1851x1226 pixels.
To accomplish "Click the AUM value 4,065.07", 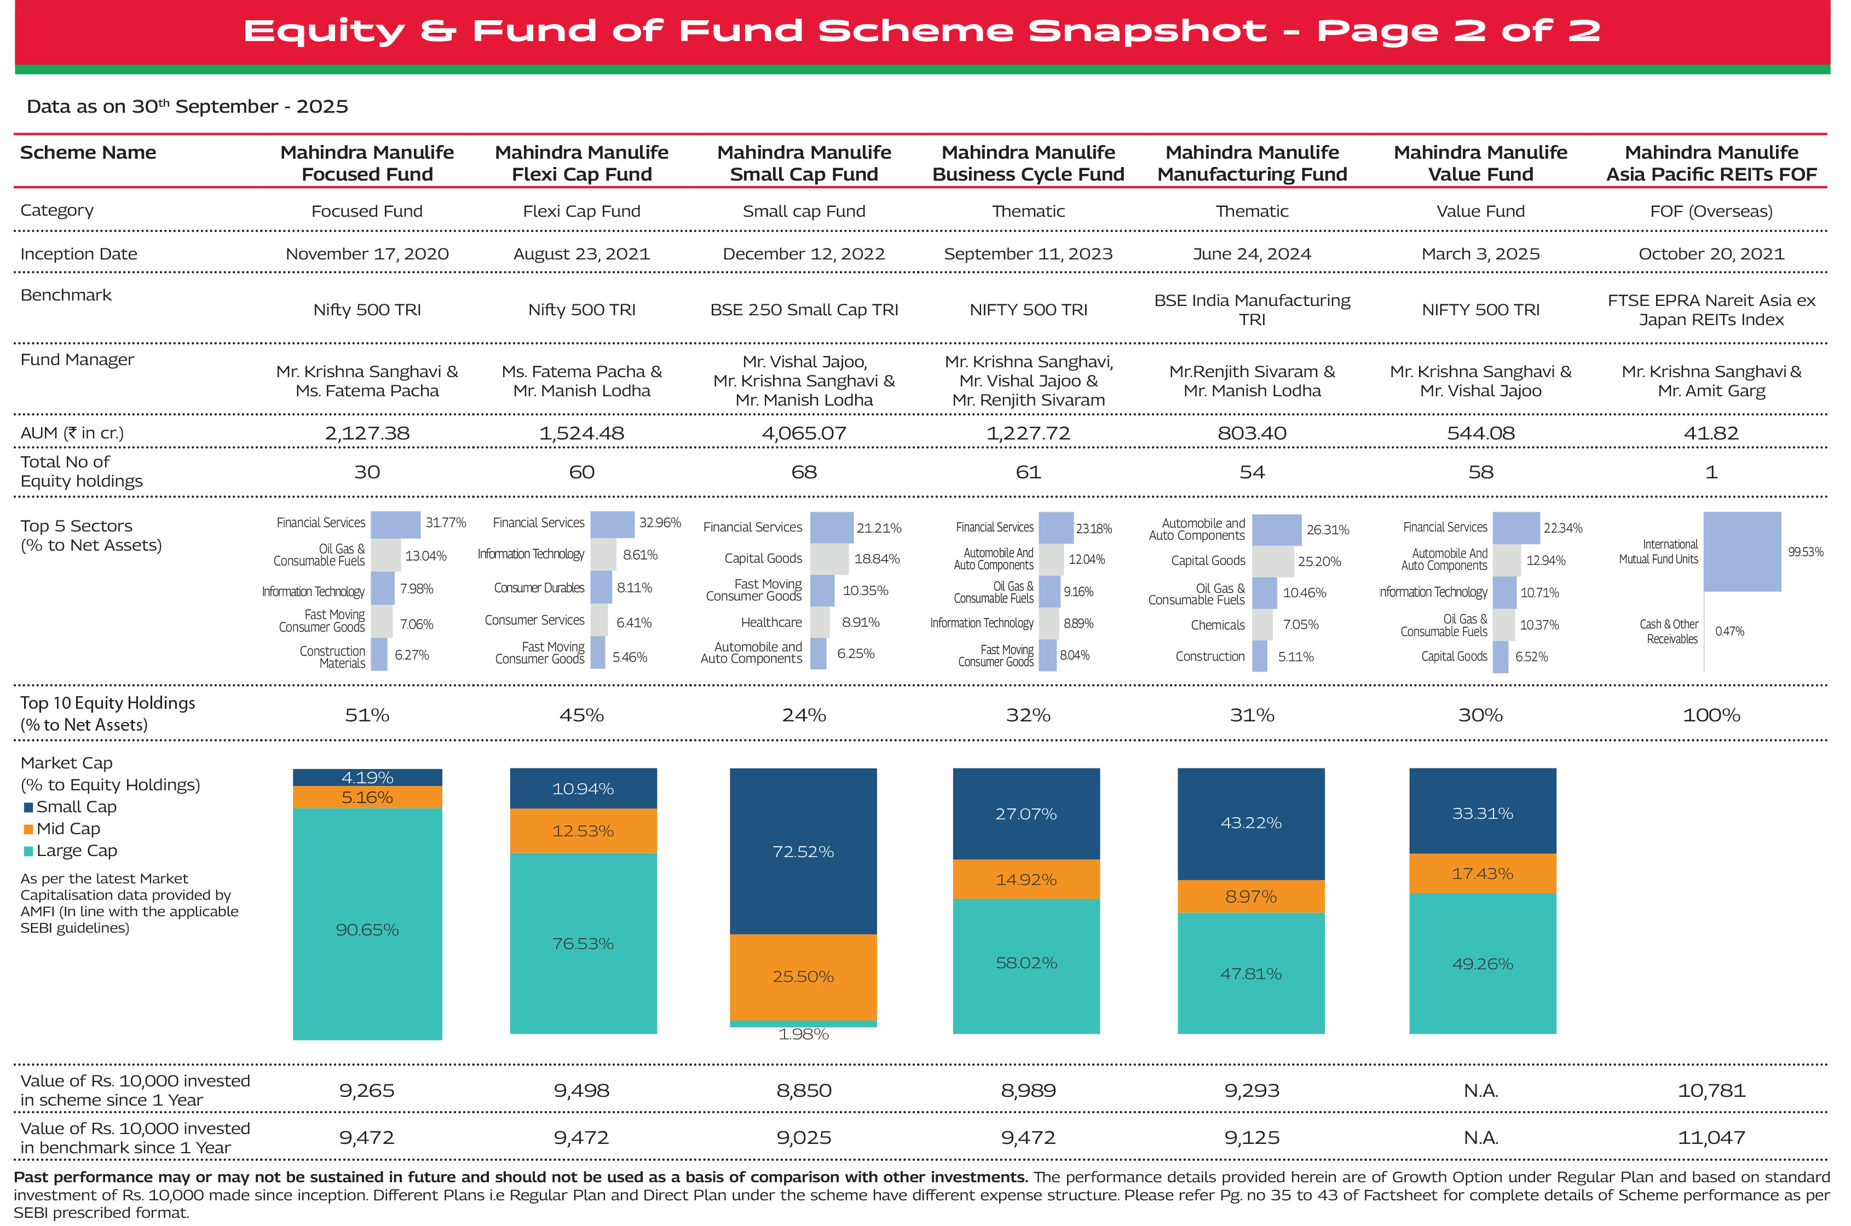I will [804, 433].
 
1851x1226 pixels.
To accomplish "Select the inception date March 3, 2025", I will [1480, 254].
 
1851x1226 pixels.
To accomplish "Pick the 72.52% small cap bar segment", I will [803, 852].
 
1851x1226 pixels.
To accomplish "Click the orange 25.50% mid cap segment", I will [803, 976].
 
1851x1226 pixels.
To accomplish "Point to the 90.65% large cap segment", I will [367, 930].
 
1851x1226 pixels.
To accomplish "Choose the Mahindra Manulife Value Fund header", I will [1480, 163].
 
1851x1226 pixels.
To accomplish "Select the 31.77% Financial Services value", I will [446, 522].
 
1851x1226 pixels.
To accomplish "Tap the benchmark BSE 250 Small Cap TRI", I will [804, 310].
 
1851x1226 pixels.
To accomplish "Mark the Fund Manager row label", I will [77, 360].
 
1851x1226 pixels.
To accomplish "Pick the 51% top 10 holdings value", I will [367, 715].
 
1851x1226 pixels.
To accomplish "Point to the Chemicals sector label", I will [1217, 624].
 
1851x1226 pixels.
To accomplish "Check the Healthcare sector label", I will [771, 622].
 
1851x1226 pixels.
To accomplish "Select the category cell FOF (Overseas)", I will [1711, 211].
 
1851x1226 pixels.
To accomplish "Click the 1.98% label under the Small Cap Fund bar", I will [803, 1034].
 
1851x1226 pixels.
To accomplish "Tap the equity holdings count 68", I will [804, 472].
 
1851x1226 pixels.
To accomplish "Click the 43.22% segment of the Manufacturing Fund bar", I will [1250, 823].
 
